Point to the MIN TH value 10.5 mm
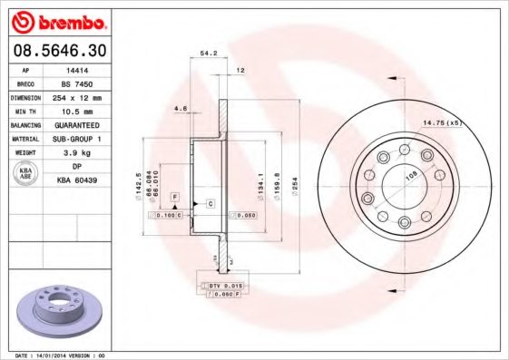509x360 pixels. click(77, 111)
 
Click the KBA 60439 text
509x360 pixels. click(78, 180)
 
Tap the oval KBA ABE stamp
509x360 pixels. click(25, 174)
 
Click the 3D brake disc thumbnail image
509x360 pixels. click(60, 308)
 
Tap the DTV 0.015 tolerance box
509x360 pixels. click(220, 286)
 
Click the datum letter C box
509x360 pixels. click(210, 203)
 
